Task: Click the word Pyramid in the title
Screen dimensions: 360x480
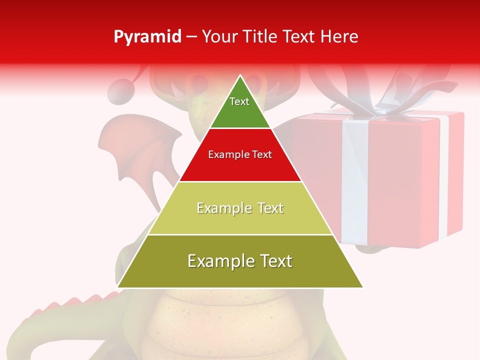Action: [x=147, y=37]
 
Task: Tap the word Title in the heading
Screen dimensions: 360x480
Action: [x=262, y=37]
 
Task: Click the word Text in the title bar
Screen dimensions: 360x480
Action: [x=299, y=37]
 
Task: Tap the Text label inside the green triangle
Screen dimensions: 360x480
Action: [x=239, y=101]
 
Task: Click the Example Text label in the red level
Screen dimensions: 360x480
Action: [x=240, y=154]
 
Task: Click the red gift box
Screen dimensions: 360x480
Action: [x=400, y=175]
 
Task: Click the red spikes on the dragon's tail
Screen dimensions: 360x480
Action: [x=75, y=303]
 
